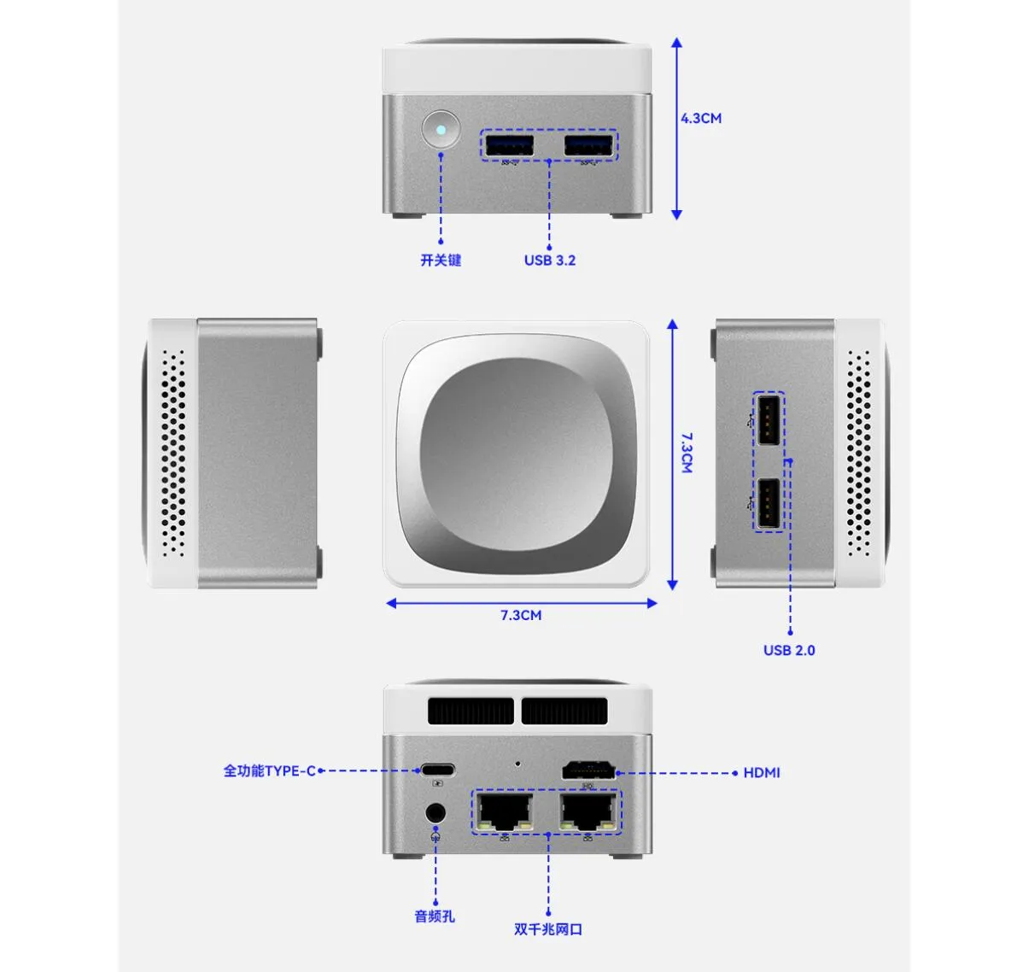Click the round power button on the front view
[x=441, y=129]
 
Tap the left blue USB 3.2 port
[x=510, y=145]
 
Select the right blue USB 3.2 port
[x=587, y=145]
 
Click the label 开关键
[x=441, y=261]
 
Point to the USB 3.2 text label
[x=550, y=261]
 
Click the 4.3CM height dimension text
[x=701, y=118]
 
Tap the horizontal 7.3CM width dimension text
[x=521, y=615]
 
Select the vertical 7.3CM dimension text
[x=687, y=453]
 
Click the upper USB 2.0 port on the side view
[x=768, y=419]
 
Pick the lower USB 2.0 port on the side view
[x=768, y=503]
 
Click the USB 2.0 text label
[x=789, y=650]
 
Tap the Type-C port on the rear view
[x=438, y=769]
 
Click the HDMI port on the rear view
[x=588, y=770]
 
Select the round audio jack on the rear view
[x=436, y=813]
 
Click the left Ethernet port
[x=506, y=812]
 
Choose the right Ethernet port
[x=588, y=812]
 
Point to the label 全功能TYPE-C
[x=270, y=771]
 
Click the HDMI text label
[x=762, y=773]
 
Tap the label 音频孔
[x=435, y=916]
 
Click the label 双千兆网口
[x=548, y=929]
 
